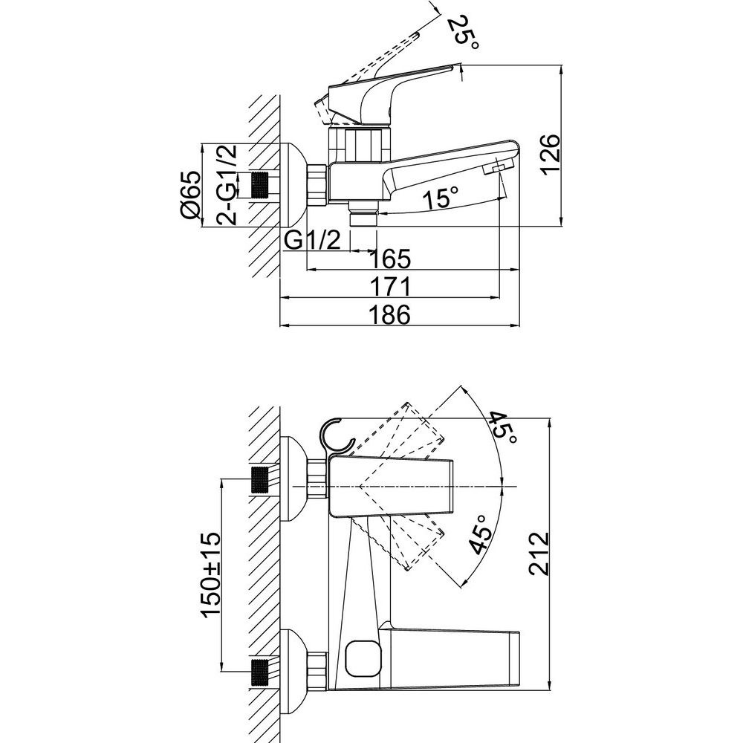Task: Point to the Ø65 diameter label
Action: [190, 194]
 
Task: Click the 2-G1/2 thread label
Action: [226, 184]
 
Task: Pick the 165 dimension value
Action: [389, 259]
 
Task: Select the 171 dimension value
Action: [389, 287]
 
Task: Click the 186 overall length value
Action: [389, 314]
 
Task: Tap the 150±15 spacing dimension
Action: [211, 574]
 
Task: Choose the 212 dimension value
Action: [539, 554]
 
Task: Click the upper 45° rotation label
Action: [502, 429]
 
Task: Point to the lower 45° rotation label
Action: [481, 534]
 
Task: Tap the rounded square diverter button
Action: [363, 658]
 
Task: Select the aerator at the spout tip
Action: [498, 168]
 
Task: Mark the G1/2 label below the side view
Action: [313, 241]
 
